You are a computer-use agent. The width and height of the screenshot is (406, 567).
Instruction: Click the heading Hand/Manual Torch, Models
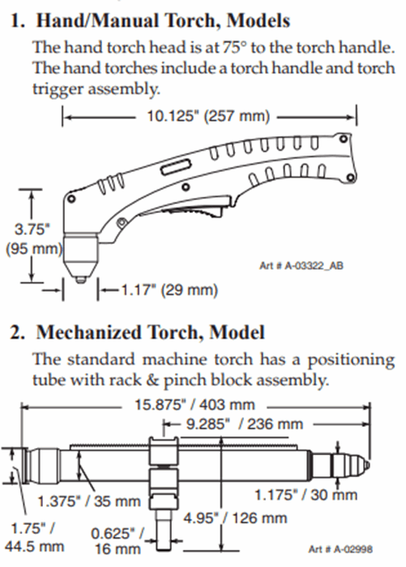(x=163, y=20)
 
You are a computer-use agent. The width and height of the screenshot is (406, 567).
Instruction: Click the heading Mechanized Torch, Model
(x=150, y=332)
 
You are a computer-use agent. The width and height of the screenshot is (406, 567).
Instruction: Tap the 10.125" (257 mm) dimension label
(x=208, y=117)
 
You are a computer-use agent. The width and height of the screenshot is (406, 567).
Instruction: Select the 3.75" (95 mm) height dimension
(x=32, y=239)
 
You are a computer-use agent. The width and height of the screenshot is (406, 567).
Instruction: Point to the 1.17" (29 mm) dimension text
(x=169, y=290)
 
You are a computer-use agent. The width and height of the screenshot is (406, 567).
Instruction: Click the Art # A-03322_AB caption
(x=301, y=266)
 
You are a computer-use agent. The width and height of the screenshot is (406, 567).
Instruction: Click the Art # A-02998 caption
(x=340, y=550)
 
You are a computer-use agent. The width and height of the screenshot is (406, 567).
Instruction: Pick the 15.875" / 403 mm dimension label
(x=194, y=405)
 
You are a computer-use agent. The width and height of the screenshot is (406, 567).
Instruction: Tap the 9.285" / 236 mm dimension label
(x=245, y=424)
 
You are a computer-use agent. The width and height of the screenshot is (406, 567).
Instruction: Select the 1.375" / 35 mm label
(x=89, y=501)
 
